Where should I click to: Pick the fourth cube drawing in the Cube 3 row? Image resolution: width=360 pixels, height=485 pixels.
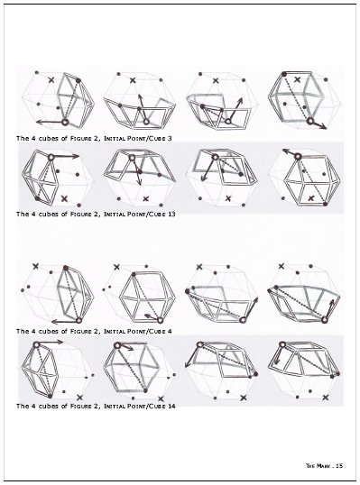click(302, 99)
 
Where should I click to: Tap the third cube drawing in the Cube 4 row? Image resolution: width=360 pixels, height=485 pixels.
click(219, 294)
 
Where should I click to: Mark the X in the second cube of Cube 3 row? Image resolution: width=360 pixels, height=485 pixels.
click(134, 81)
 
